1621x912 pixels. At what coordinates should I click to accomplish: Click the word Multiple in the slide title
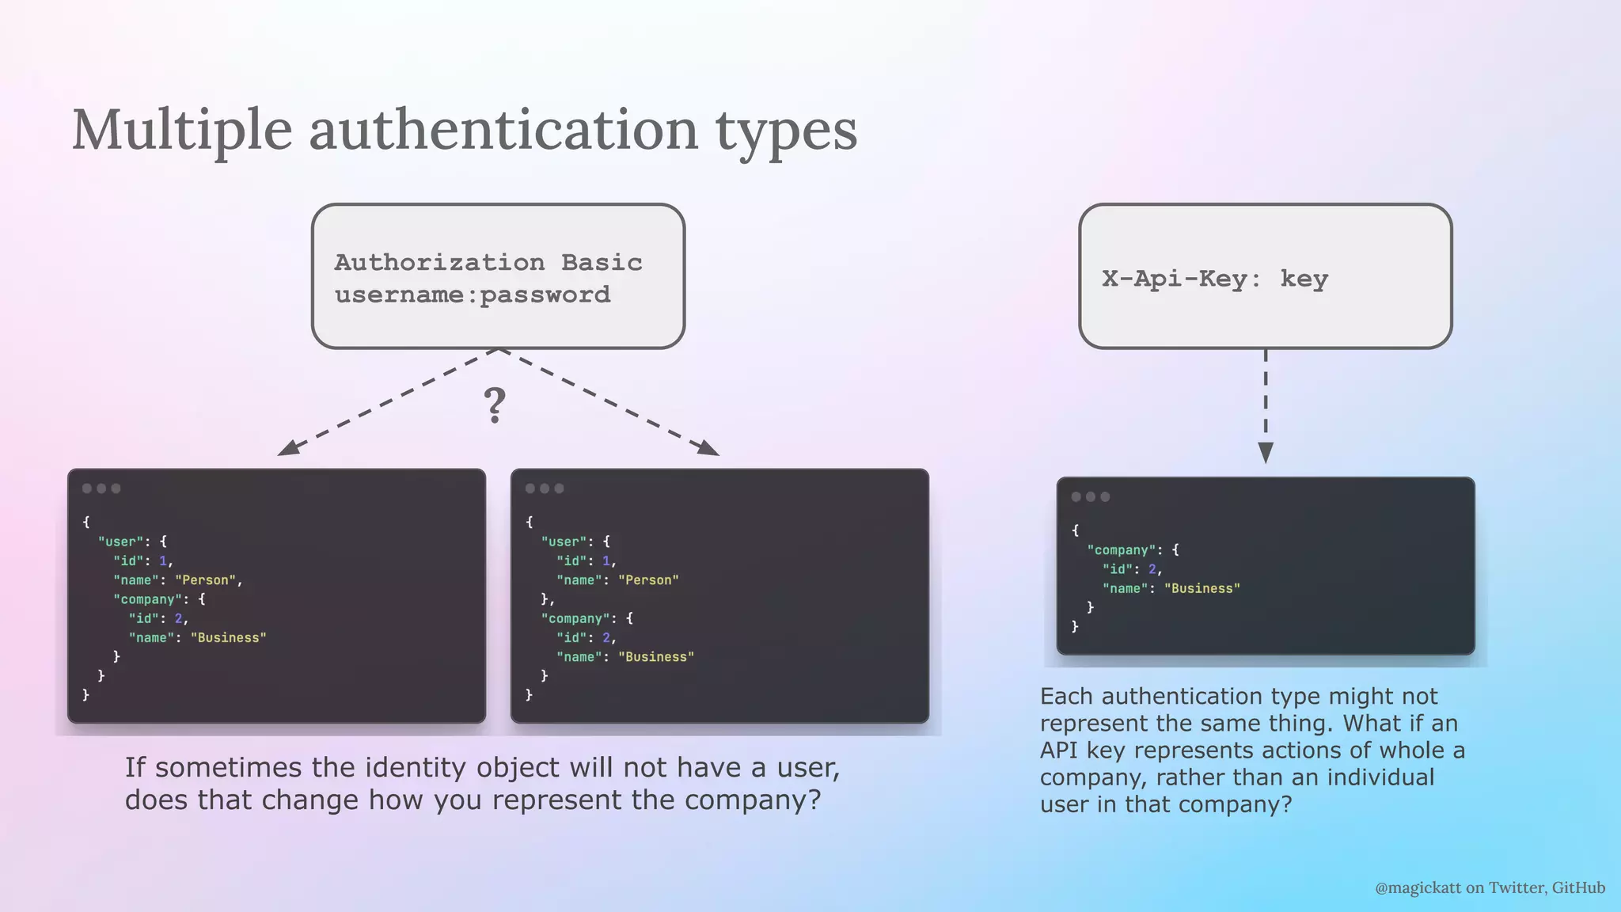[182, 130]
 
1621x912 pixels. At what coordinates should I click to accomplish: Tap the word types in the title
[787, 131]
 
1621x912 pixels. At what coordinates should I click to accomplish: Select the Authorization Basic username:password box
[498, 276]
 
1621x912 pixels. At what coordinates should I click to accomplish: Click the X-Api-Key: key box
[1265, 276]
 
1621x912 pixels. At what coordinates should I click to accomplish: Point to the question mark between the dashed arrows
[495, 405]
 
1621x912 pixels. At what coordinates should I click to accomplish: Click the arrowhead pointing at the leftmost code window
[288, 447]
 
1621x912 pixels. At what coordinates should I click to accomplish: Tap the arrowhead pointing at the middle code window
[708, 447]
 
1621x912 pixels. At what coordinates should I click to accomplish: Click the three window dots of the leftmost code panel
[101, 488]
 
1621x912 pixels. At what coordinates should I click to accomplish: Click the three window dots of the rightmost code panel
[1091, 497]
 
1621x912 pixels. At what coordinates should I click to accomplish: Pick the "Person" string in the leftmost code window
[205, 580]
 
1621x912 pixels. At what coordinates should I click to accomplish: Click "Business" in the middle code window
[655, 657]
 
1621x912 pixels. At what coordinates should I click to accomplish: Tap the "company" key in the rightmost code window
[1122, 550]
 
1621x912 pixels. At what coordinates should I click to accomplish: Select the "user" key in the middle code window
[564, 542]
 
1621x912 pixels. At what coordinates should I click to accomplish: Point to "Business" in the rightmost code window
[1202, 589]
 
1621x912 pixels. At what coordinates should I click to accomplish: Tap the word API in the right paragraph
[1058, 750]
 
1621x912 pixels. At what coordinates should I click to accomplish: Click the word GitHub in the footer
[1578, 888]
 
